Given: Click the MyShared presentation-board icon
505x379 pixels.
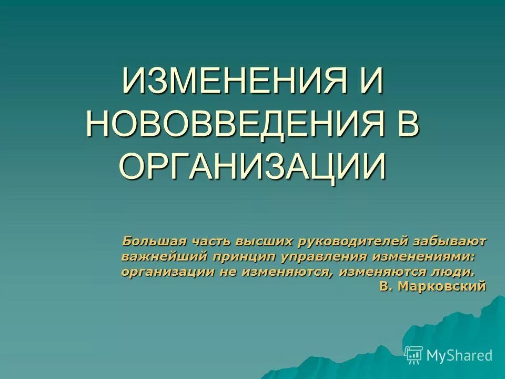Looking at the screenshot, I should click(x=414, y=355).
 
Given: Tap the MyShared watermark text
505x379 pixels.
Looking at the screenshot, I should click(x=459, y=355).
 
